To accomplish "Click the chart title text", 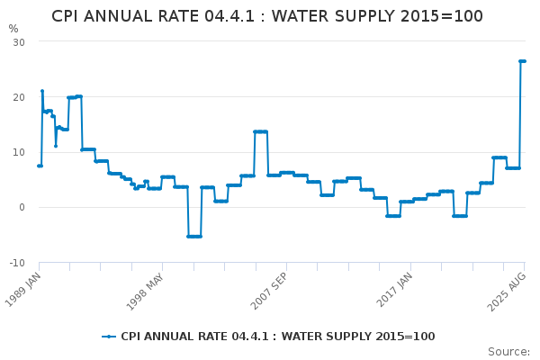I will click(267, 16).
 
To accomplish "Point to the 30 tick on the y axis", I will click(18, 42).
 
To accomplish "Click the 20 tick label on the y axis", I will click(18, 97).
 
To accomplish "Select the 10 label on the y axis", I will click(18, 152).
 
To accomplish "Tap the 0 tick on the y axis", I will click(21, 207).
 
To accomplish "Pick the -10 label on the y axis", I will click(16, 263).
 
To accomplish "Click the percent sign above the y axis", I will click(13, 29).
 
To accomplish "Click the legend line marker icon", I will click(109, 337).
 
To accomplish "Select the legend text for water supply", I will click(277, 337).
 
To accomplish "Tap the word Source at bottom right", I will click(508, 352).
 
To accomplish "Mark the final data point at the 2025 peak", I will click(524, 61).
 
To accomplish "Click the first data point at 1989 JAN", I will click(39, 166).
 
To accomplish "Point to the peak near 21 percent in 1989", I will click(41, 91).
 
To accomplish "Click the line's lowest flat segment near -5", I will click(194, 236).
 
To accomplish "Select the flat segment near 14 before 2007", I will click(260, 131).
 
